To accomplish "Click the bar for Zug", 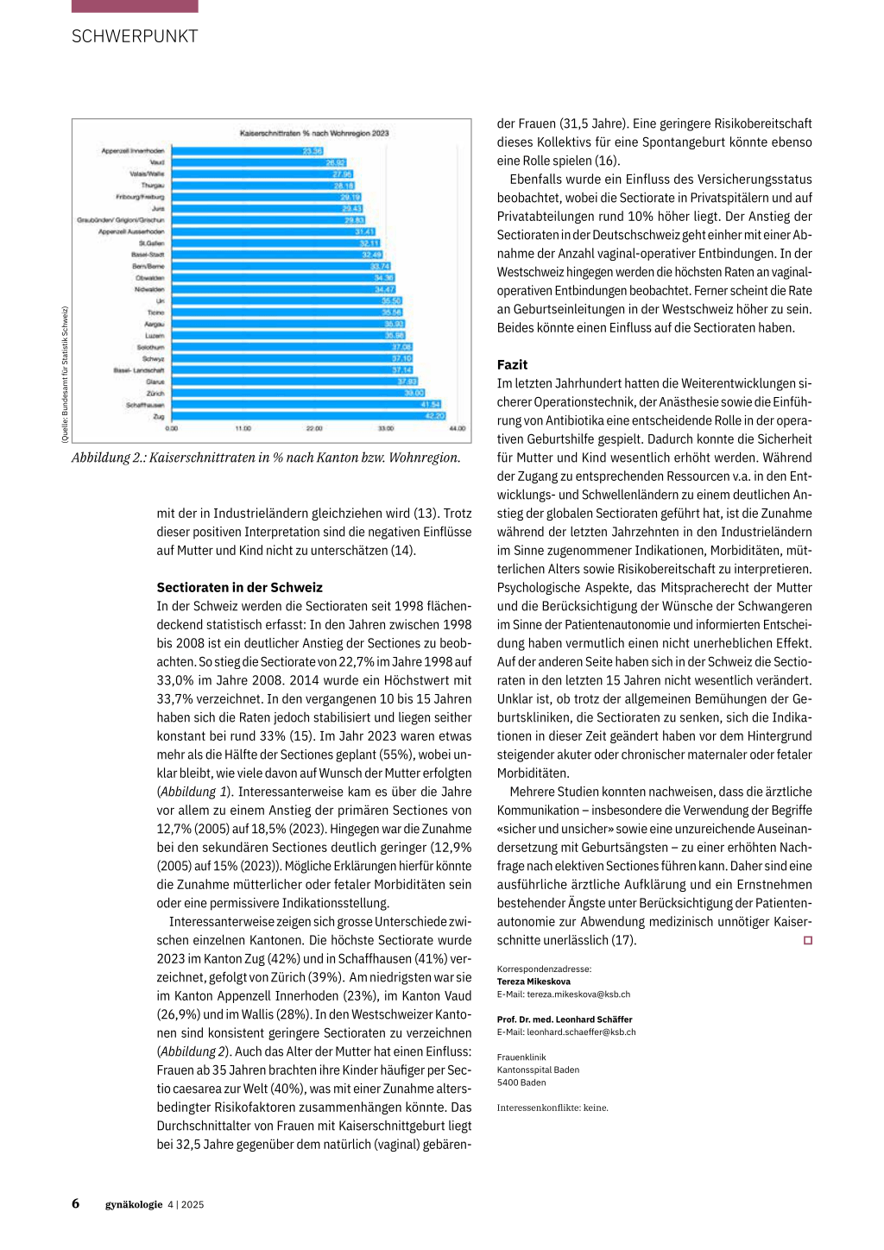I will (x=308, y=416).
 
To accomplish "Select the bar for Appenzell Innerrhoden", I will (x=247, y=151).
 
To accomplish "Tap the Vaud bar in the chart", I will (x=258, y=162).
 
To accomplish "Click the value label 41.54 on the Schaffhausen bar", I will (x=431, y=404).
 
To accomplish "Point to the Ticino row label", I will (x=155, y=312).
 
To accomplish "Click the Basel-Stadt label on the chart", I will (x=148, y=255).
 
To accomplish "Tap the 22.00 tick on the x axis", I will (x=314, y=428).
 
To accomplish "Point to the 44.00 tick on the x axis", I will (x=457, y=428).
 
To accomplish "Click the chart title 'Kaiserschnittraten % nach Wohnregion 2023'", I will (x=314, y=133).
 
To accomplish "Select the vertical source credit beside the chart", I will (x=65, y=375).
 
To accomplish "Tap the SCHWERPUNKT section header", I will (x=135, y=36).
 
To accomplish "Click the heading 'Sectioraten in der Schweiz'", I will (x=239, y=588).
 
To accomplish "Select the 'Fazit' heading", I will (x=512, y=364).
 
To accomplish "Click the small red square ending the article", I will (x=808, y=940).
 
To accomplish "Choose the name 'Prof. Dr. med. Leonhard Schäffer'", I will (x=565, y=1020).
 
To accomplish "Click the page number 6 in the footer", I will (x=76, y=1203).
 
